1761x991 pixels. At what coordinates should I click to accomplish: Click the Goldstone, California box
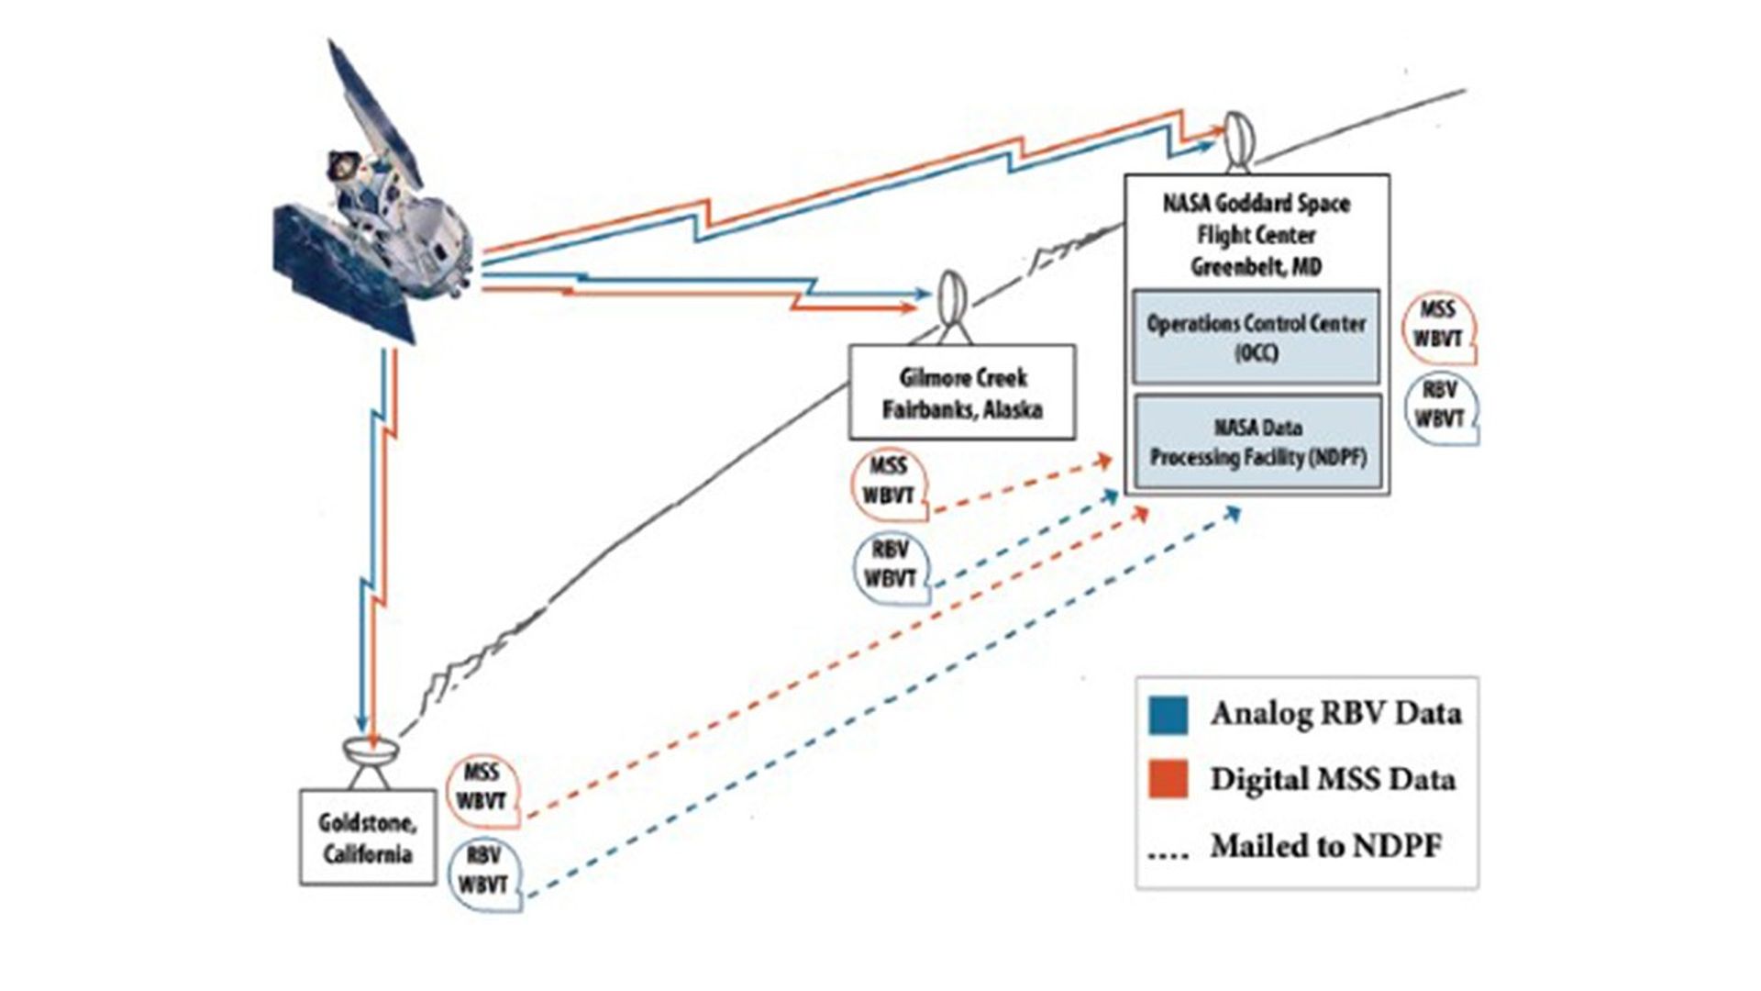pos(368,837)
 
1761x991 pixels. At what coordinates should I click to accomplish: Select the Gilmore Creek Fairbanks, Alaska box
pos(962,393)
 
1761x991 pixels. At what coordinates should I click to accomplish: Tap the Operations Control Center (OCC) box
pos(1256,337)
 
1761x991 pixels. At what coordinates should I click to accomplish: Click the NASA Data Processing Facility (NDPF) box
pos(1257,442)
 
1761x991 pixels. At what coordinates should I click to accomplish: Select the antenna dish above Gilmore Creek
pos(953,303)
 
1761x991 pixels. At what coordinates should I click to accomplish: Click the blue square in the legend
pos(1168,714)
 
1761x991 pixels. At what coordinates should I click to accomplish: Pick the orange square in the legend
pos(1168,779)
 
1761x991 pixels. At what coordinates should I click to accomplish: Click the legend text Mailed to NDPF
pos(1325,845)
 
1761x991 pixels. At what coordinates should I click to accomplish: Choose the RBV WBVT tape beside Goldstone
pos(483,872)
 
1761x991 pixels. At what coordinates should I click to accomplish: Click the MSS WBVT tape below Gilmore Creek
pos(889,483)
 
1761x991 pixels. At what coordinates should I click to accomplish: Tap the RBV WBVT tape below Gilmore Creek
pos(890,565)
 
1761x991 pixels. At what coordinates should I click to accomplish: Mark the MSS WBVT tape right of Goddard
pos(1438,325)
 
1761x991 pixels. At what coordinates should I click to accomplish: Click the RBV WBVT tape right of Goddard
pos(1440,406)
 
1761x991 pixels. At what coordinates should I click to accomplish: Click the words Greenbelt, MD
pos(1256,267)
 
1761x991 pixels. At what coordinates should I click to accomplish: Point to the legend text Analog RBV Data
pos(1335,713)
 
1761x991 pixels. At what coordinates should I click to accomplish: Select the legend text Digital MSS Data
pos(1332,779)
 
